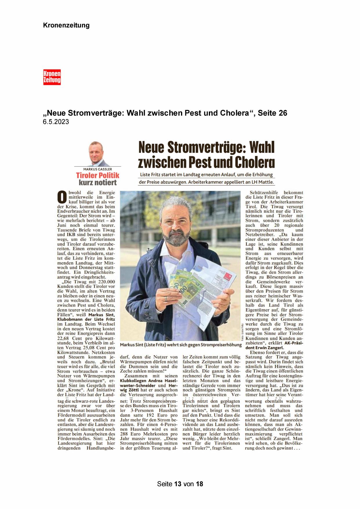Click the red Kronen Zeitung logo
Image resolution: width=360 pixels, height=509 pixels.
52,77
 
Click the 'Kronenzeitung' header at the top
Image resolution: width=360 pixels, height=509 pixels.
66,25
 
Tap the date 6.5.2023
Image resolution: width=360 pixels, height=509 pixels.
56,122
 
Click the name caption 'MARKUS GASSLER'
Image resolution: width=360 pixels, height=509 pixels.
97,169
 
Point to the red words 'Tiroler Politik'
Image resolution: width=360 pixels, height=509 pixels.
97,175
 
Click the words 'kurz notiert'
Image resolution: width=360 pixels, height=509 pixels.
97,183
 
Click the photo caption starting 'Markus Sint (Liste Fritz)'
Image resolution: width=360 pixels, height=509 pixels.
180,345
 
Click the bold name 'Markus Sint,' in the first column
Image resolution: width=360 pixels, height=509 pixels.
102,315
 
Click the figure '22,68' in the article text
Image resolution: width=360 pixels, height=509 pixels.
64,338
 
